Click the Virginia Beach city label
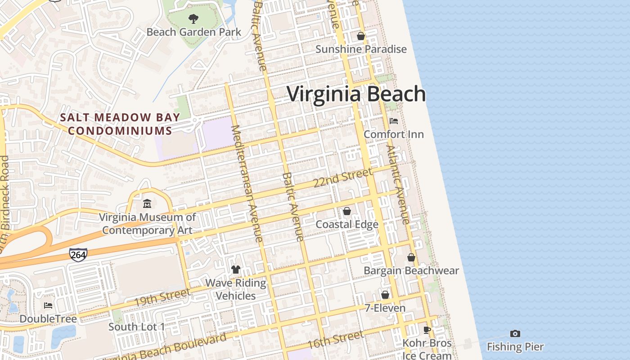click(356, 94)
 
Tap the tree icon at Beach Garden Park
click(193, 19)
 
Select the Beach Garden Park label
click(194, 32)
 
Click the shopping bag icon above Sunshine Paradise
click(361, 36)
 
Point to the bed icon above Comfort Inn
click(394, 121)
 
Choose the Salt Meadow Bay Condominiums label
click(120, 124)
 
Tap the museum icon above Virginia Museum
click(147, 204)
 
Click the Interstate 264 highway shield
click(78, 254)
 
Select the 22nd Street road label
click(343, 178)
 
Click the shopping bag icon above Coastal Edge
click(347, 211)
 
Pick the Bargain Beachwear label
click(411, 270)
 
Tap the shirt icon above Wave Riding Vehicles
click(236, 270)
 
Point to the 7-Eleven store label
click(385, 308)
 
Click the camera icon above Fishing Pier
click(515, 333)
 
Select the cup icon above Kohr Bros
click(427, 330)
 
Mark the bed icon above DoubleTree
click(48, 306)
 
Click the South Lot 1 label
click(137, 327)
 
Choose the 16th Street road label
click(335, 340)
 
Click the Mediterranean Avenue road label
click(247, 184)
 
